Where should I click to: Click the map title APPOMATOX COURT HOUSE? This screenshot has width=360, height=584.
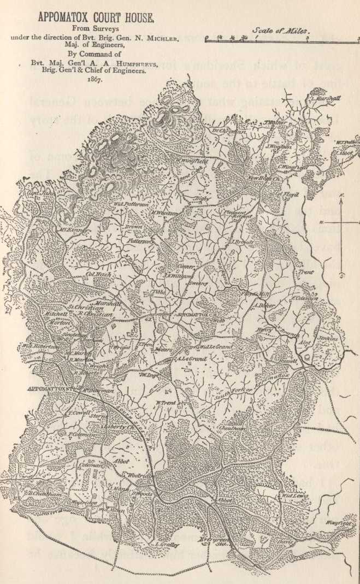96,17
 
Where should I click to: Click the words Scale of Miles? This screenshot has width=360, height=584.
280,31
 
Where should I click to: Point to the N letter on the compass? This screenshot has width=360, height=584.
341,194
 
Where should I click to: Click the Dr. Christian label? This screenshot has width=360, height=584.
225,131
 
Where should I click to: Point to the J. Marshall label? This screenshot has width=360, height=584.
324,98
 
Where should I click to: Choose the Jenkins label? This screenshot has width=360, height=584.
329,338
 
